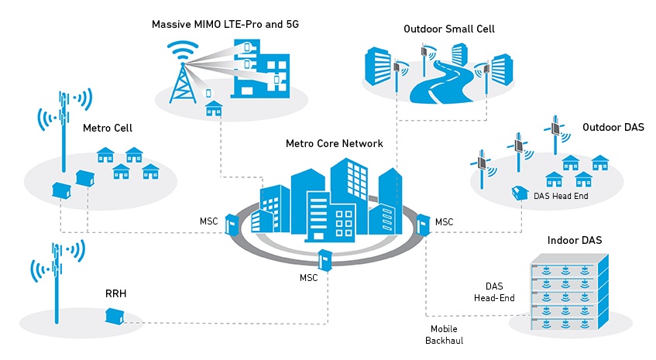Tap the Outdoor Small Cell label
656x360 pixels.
[449, 29]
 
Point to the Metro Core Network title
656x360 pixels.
[335, 143]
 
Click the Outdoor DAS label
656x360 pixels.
[613, 126]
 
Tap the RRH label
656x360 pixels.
[116, 294]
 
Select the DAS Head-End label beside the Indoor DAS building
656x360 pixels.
[494, 291]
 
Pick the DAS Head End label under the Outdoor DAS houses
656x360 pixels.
[562, 197]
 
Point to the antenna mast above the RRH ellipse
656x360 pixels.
[56, 279]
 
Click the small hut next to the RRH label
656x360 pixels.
[115, 316]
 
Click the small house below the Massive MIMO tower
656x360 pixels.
[212, 109]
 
